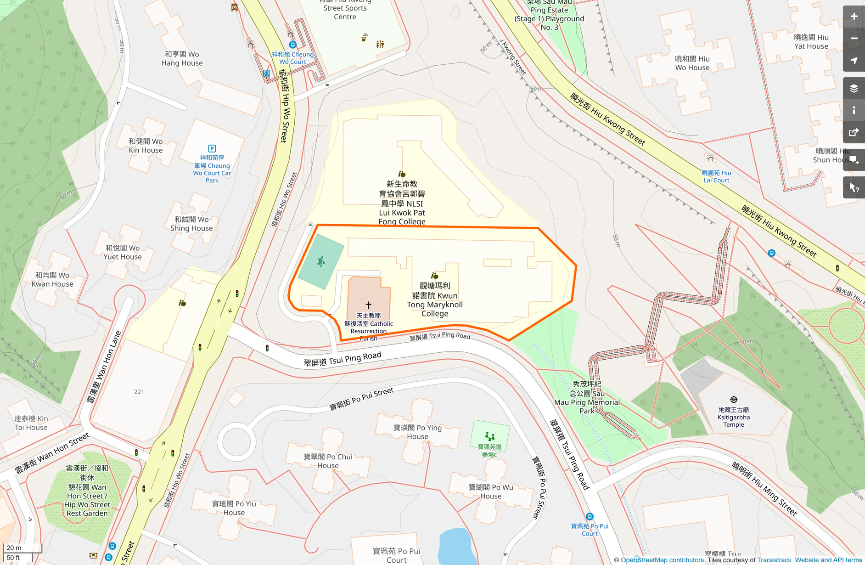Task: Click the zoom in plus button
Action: [854, 17]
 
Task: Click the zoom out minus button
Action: [854, 39]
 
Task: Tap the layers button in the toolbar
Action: [854, 88]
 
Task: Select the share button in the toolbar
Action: [854, 132]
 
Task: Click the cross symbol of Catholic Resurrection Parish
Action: [368, 305]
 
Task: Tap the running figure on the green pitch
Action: [321, 262]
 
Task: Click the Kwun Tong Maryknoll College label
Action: [435, 300]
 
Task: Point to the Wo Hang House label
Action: [182, 58]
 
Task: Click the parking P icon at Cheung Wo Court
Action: [212, 148]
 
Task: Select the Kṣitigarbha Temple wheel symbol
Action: [734, 400]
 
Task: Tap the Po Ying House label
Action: [417, 432]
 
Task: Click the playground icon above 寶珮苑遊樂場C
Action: [490, 435]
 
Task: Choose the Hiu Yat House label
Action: [811, 42]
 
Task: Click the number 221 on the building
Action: [139, 392]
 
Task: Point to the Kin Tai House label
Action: [31, 423]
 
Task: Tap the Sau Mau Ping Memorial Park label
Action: [587, 397]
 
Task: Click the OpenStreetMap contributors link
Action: [662, 560]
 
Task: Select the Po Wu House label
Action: [491, 492]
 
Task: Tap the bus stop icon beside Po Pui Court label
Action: [590, 516]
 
